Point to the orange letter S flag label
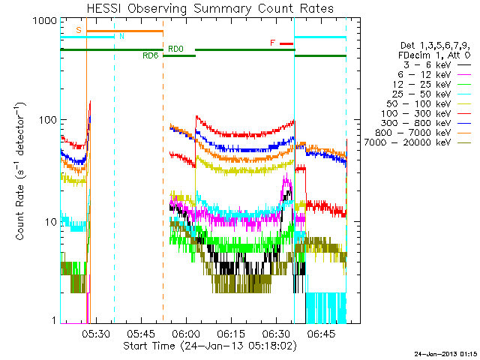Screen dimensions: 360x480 pos(79,30)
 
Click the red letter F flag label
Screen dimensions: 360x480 pos(272,43)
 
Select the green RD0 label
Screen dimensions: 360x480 pos(175,49)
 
